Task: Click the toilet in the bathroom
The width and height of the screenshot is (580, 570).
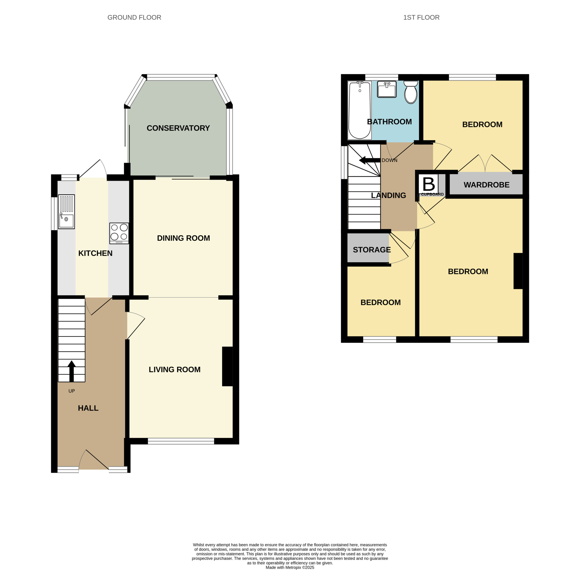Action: tap(411, 92)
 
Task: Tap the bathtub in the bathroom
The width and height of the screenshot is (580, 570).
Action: tap(360, 110)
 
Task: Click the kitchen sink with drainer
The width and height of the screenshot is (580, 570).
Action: tap(66, 212)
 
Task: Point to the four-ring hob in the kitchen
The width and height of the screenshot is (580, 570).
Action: tap(119, 233)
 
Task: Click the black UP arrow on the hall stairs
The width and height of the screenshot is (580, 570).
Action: tap(72, 371)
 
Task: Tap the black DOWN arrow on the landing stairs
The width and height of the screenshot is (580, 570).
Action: tap(370, 161)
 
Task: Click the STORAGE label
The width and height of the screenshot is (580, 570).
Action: tap(372, 250)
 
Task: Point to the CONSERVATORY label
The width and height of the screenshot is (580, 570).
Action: tap(178, 128)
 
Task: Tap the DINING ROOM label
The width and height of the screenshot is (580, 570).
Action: tap(184, 238)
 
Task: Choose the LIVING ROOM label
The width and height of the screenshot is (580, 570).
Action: tap(175, 369)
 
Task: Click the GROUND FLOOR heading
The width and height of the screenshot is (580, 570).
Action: tap(134, 17)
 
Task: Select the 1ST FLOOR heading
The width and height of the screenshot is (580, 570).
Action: tap(421, 17)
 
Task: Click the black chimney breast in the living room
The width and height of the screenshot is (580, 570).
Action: tap(227, 366)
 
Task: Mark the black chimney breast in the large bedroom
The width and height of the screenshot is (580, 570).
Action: tap(518, 271)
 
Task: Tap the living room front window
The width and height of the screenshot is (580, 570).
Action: tap(181, 441)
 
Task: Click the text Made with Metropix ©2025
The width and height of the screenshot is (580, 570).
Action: tap(290, 567)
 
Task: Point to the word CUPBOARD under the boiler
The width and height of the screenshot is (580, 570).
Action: tap(432, 194)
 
